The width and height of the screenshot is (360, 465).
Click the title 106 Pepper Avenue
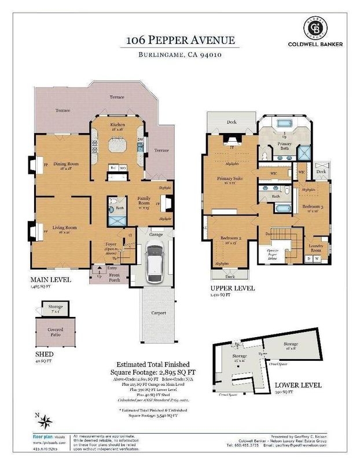(179, 40)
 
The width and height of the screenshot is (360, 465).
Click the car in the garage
(155, 263)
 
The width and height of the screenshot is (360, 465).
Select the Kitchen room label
(119, 125)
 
